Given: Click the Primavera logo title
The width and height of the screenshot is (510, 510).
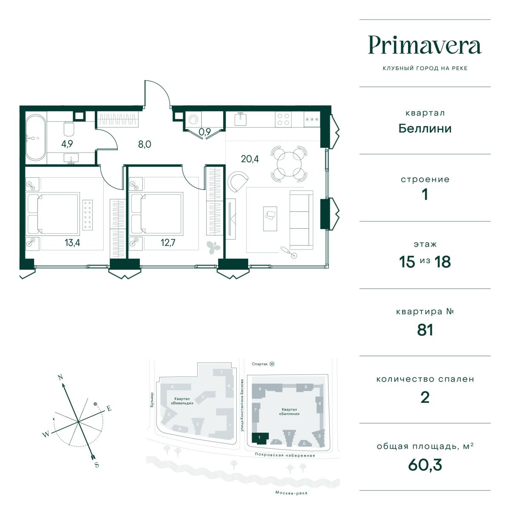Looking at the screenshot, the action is tap(425, 45).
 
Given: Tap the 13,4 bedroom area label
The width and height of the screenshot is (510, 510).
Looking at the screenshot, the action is tap(72, 242).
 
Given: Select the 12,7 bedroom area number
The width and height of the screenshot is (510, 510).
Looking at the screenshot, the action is tap(168, 242).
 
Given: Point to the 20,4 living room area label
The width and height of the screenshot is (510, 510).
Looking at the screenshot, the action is tap(249, 159).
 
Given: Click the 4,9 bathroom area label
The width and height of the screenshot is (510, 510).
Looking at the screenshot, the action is tap(67, 144).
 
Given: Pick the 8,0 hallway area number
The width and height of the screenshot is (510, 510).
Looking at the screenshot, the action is tap(144, 144).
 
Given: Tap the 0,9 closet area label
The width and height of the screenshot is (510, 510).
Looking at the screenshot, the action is tap(204, 131).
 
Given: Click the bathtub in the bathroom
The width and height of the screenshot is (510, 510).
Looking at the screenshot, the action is tap(36, 137).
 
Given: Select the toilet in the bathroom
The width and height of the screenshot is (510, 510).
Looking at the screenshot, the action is tap(69, 129).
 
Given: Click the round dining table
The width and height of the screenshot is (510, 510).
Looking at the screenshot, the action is tap(289, 164).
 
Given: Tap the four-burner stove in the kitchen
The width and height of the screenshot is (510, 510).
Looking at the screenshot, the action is tap(283, 119).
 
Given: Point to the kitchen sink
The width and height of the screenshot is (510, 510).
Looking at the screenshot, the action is tap(241, 119).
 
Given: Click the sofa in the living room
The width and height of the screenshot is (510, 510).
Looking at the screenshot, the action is tap(301, 220).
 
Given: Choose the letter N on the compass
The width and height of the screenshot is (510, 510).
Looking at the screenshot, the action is tap(60, 377).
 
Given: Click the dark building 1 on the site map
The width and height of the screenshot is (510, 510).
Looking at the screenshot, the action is tap(260, 438).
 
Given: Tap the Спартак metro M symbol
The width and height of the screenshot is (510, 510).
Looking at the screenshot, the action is tap(272, 364).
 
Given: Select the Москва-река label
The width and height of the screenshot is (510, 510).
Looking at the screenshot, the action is tap(291, 493).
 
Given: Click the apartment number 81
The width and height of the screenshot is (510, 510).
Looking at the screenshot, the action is tap(425, 330).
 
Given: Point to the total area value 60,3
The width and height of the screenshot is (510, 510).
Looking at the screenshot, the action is tap(425, 465).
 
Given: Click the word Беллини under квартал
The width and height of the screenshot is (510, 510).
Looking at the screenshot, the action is tap(425, 129).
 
